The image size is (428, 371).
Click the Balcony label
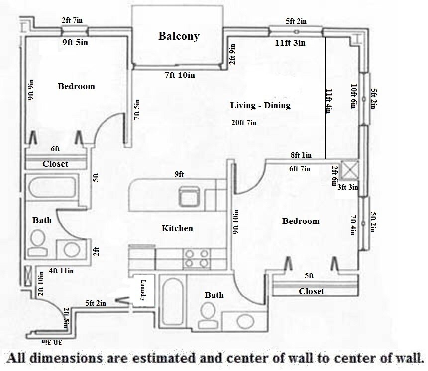click(179, 36)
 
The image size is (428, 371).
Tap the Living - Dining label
click(260, 106)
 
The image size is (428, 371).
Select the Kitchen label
click(177, 229)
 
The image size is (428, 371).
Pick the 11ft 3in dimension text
click(290, 43)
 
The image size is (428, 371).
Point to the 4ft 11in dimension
click(61, 271)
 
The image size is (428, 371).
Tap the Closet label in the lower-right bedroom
click(312, 291)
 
